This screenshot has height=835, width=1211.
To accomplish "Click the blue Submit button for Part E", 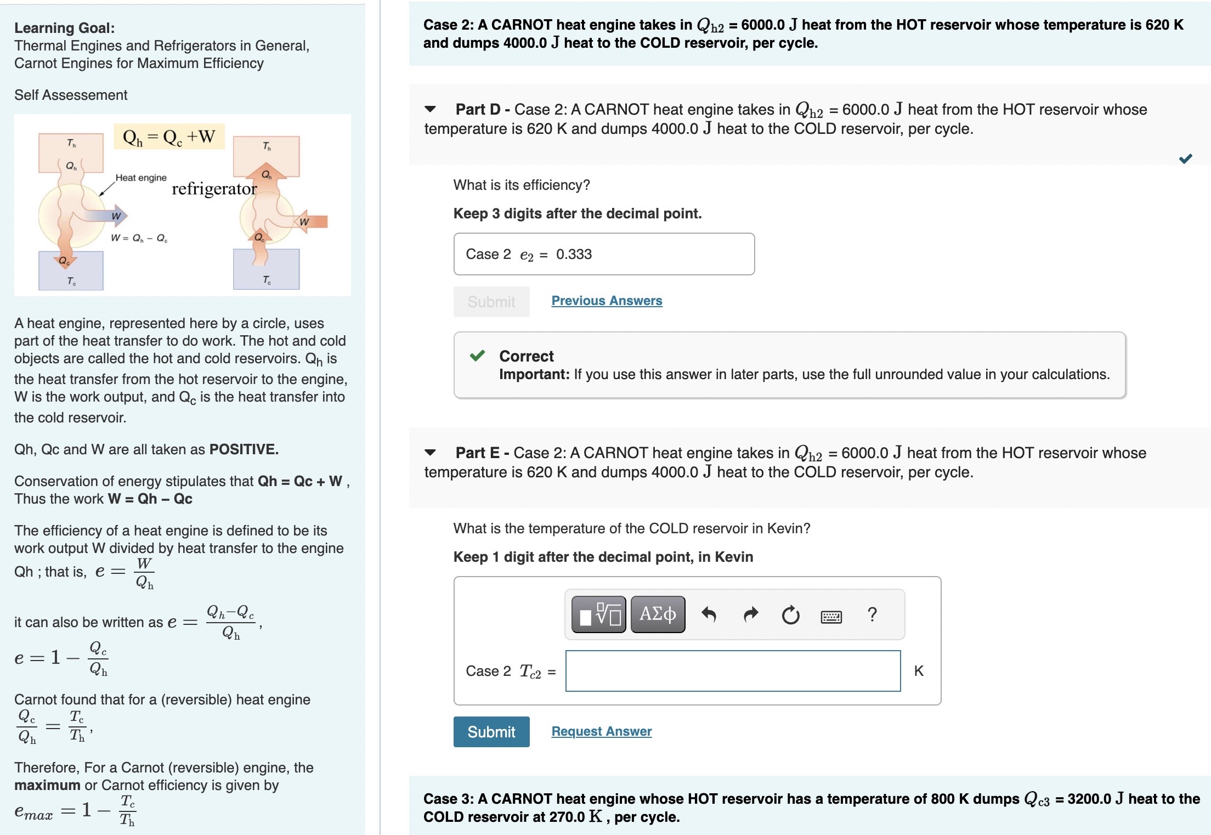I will [491, 731].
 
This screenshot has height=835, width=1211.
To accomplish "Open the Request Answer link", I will [601, 731].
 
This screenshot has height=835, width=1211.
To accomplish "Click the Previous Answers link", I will [607, 301].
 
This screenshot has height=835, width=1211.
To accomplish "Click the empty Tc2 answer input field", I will [732, 671].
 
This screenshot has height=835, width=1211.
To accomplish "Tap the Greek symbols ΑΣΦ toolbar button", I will [658, 614].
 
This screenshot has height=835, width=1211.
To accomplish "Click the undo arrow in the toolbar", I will [709, 614].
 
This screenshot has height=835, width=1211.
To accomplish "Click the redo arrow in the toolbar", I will [750, 614].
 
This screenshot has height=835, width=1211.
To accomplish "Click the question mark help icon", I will [872, 614].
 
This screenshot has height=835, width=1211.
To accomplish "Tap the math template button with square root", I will [598, 614].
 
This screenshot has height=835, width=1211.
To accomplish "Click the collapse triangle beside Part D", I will [431, 109].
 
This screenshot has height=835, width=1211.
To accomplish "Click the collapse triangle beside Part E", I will [431, 453].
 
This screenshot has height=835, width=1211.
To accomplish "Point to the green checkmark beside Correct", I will [477, 356].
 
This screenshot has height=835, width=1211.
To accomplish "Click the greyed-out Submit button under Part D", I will [491, 302].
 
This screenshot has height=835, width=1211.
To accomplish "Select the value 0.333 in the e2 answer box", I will [574, 254].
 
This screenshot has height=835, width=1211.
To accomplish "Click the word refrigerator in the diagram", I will [214, 189].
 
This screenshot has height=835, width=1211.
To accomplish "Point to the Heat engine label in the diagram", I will [141, 178].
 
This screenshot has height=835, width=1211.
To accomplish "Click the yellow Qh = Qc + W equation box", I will [169, 137].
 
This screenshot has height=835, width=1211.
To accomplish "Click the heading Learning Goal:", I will [65, 27].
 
